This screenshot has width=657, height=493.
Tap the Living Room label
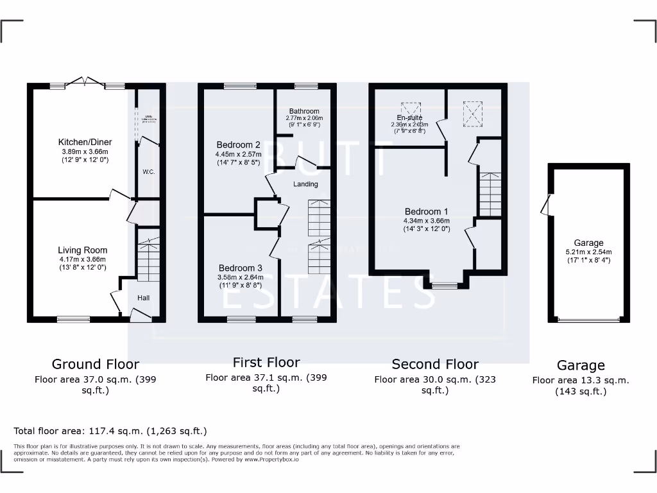[x=83, y=250]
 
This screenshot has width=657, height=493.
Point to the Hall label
[x=143, y=298]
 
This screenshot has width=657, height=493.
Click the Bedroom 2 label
[x=239, y=144]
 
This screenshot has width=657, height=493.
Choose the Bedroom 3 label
[x=241, y=268]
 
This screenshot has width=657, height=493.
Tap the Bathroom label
[x=304, y=111]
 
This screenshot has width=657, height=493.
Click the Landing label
[x=305, y=184]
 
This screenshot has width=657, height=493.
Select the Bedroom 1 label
[x=426, y=212]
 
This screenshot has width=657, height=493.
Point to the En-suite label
[x=409, y=117]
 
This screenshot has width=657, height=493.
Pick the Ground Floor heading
[x=95, y=365]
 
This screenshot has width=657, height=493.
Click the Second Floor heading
[x=435, y=364]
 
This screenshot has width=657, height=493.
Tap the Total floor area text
[x=110, y=431]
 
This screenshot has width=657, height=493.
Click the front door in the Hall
[x=140, y=315]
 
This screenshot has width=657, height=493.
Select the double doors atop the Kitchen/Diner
[x=87, y=82]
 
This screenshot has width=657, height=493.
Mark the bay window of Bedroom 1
[x=443, y=286]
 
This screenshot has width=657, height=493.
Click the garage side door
[x=546, y=205]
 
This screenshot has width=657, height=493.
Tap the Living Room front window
[x=73, y=318]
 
